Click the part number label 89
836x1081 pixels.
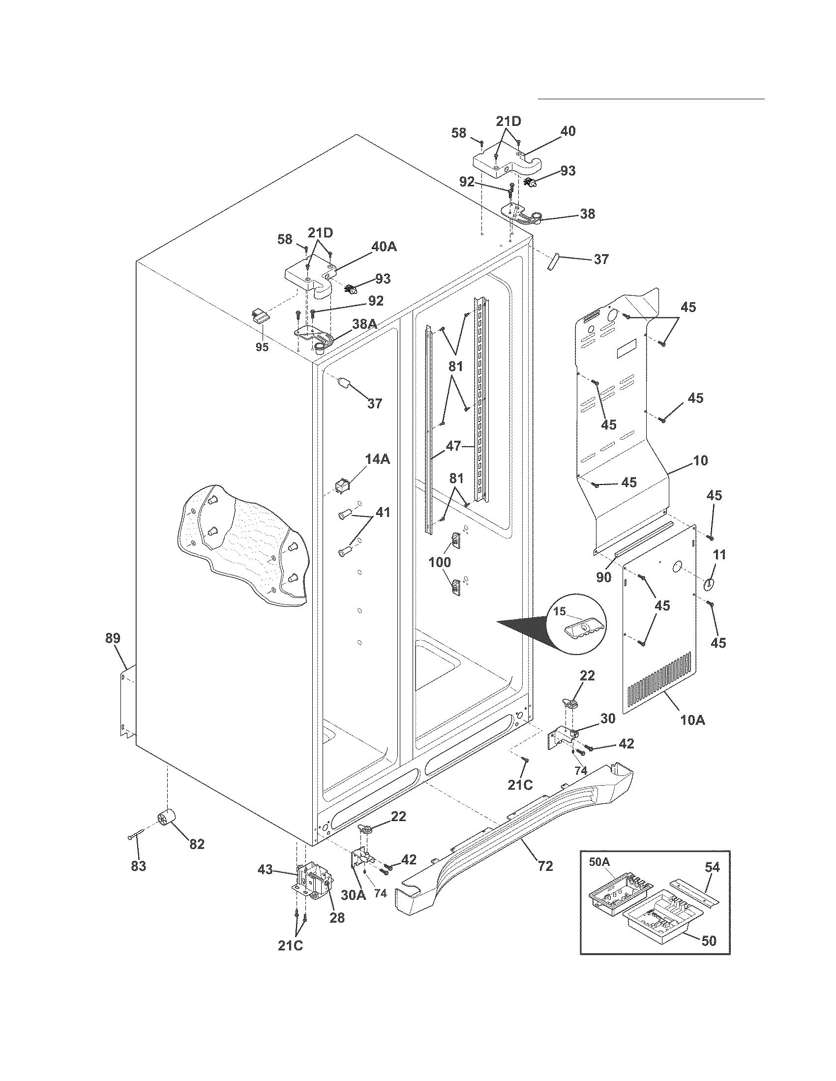[x=113, y=638]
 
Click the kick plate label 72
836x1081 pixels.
[x=545, y=866]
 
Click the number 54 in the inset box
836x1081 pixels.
[x=712, y=867]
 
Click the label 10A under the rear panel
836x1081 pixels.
[x=692, y=720]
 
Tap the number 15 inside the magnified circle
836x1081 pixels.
[x=560, y=612]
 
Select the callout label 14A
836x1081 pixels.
[x=378, y=459]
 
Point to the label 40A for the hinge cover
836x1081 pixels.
[x=385, y=247]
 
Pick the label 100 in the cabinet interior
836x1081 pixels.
[x=440, y=562]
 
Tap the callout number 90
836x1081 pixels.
[x=604, y=577]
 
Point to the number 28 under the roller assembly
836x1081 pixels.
[x=337, y=918]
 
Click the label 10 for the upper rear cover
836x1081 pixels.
[x=700, y=460]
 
